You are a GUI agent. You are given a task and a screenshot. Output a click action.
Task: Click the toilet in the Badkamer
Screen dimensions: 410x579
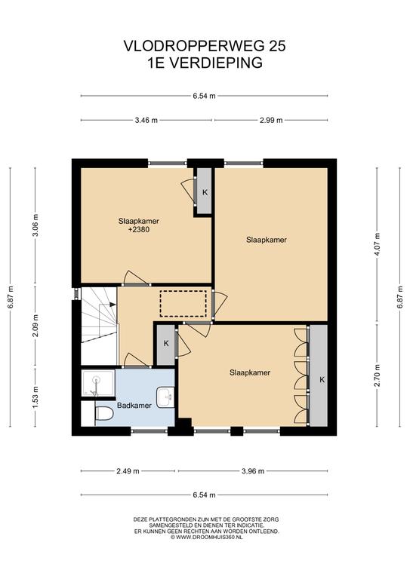pos(104,413)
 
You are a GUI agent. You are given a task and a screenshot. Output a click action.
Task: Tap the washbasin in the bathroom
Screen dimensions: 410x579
pos(165,397)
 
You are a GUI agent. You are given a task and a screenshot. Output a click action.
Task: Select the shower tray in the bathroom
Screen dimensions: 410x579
pos(98,383)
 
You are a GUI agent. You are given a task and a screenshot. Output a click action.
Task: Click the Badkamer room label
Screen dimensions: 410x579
pos(134,406)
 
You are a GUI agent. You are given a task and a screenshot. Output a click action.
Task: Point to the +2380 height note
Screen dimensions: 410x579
pos(139,230)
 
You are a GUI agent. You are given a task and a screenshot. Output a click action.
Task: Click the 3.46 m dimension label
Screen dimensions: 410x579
pos(146,120)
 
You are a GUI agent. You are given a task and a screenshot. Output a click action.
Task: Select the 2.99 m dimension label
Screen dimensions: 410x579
pos(271,120)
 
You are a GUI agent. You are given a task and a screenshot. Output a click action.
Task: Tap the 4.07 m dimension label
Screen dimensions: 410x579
pos(377,244)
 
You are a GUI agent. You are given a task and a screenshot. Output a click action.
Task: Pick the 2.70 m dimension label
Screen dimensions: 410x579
pos(377,375)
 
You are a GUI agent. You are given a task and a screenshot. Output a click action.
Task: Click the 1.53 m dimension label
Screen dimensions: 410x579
pos(35,397)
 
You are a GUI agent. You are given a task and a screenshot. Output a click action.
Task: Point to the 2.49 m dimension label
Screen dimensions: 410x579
pos(128,470)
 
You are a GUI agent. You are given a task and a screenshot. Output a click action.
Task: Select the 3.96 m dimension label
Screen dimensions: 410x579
pos(253,470)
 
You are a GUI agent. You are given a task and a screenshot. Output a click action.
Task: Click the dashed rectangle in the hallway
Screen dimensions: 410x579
pos(183,304)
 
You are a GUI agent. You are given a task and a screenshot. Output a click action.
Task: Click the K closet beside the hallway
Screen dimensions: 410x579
pos(166,344)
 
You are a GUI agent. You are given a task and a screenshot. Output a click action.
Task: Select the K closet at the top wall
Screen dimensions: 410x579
pos(204,191)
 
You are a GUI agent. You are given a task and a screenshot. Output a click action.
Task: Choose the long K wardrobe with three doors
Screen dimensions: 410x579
pos(319,375)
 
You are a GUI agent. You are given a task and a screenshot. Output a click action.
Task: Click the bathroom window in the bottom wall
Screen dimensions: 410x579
pos(150,431)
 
